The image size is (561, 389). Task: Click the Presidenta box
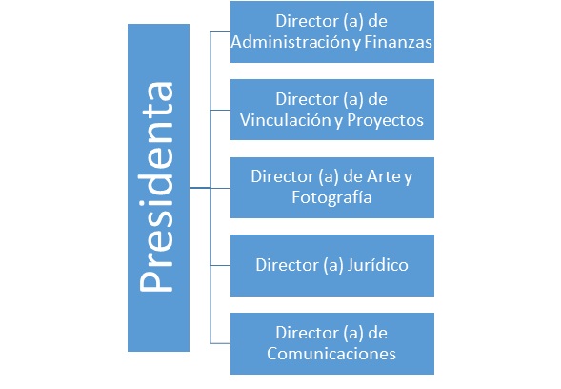click(158, 188)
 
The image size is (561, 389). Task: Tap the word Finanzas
click(398, 42)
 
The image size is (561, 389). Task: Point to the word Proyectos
click(385, 121)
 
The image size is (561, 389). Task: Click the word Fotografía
click(331, 197)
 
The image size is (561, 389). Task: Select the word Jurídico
click(377, 265)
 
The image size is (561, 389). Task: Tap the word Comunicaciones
click(331, 354)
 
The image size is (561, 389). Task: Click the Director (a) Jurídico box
click(332, 265)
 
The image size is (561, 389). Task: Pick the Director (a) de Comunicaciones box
click(332, 343)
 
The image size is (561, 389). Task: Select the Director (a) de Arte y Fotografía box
click(332, 188)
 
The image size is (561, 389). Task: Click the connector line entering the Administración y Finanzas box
click(220, 31)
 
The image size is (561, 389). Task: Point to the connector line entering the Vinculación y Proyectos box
click(220, 110)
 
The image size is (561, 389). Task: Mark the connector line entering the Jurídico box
click(220, 265)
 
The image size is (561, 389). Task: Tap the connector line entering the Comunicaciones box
click(220, 343)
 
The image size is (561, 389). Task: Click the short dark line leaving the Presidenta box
click(200, 187)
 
